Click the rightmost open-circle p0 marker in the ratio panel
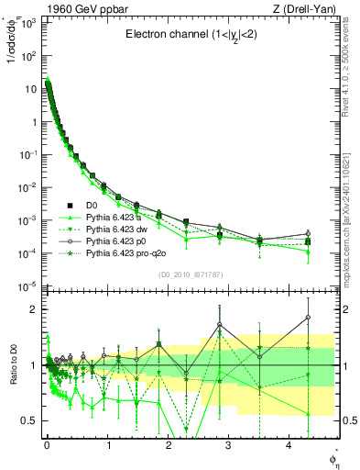tap(308, 318)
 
